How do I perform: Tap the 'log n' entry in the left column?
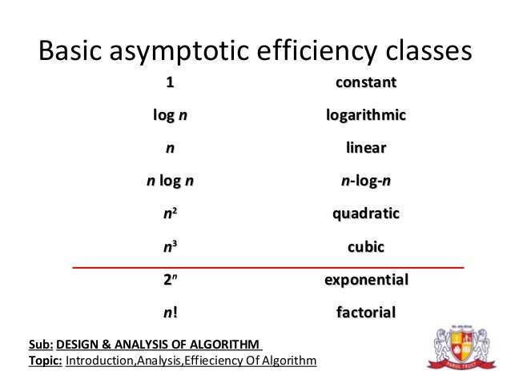(x=171, y=116)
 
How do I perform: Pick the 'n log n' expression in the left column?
(x=170, y=182)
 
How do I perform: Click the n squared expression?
(x=170, y=214)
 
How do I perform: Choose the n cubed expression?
(x=170, y=247)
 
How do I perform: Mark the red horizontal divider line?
(x=268, y=265)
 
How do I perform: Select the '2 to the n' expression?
(x=170, y=280)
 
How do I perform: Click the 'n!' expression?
(x=170, y=313)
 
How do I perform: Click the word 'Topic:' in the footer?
(x=45, y=361)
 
